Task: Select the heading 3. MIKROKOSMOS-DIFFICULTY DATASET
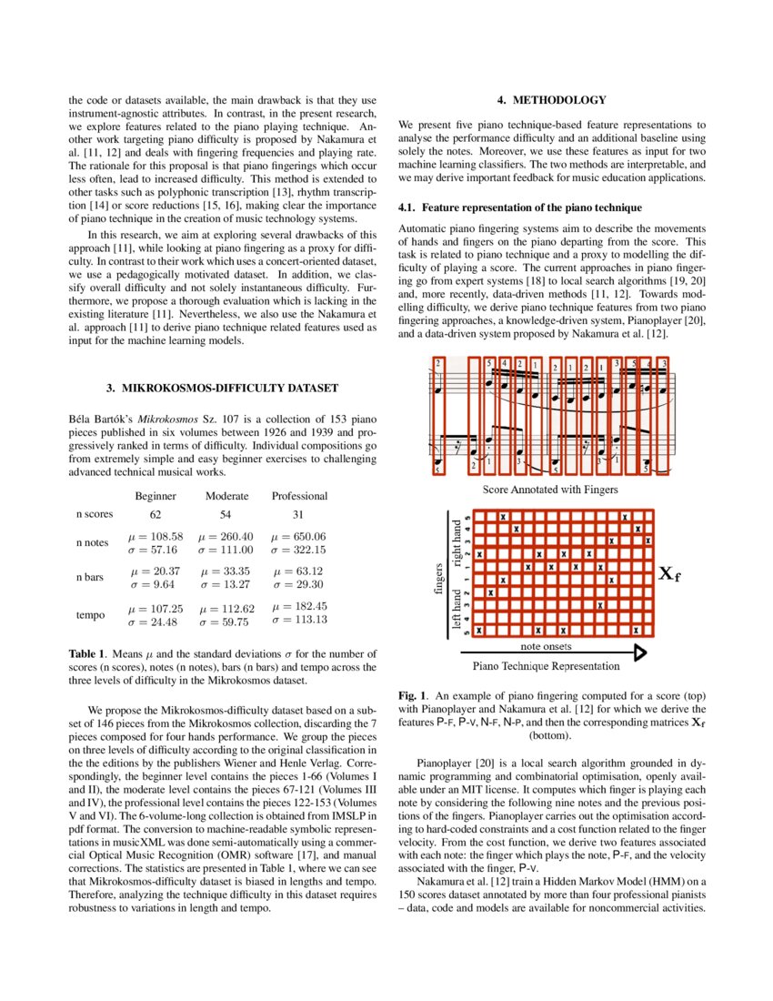[x=222, y=389]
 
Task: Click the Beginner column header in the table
[x=156, y=496]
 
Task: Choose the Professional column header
[x=299, y=496]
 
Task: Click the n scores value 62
[x=156, y=515]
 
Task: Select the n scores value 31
[x=299, y=515]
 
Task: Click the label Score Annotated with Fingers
[x=551, y=490]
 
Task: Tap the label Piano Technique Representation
[x=551, y=665]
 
